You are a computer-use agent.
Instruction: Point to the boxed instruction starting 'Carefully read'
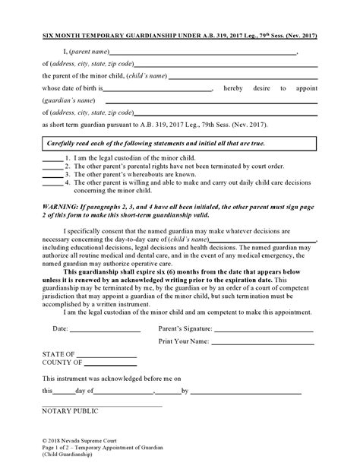point(179,144)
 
